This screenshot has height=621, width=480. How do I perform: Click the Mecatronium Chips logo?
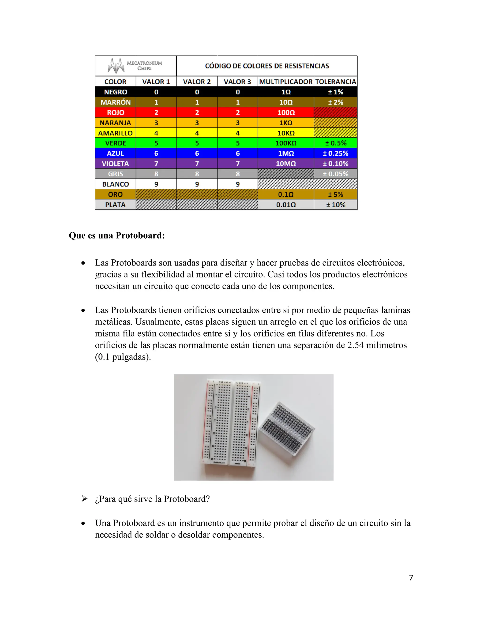tap(135, 66)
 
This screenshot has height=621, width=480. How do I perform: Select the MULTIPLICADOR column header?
tap(286, 82)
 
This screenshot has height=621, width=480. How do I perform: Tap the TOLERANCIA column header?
tap(336, 82)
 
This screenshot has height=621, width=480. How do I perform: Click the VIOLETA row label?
tap(116, 164)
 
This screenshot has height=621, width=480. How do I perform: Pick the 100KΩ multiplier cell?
tap(286, 143)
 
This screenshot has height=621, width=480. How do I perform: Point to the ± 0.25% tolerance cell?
tap(336, 153)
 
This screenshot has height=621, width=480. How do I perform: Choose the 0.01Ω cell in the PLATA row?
tap(286, 205)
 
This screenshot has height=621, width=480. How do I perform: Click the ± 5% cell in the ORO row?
tap(336, 195)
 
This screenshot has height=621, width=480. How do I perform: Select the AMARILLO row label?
tap(116, 133)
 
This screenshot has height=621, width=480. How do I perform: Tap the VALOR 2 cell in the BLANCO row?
tap(197, 184)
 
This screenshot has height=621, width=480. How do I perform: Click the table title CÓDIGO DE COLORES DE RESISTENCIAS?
tap(267, 66)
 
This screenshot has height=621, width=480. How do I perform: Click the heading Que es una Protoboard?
tap(117, 236)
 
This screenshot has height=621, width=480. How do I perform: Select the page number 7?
tap(411, 577)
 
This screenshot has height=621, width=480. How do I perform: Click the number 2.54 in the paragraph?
tap(356, 345)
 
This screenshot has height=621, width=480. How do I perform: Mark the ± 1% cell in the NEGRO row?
tap(336, 92)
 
